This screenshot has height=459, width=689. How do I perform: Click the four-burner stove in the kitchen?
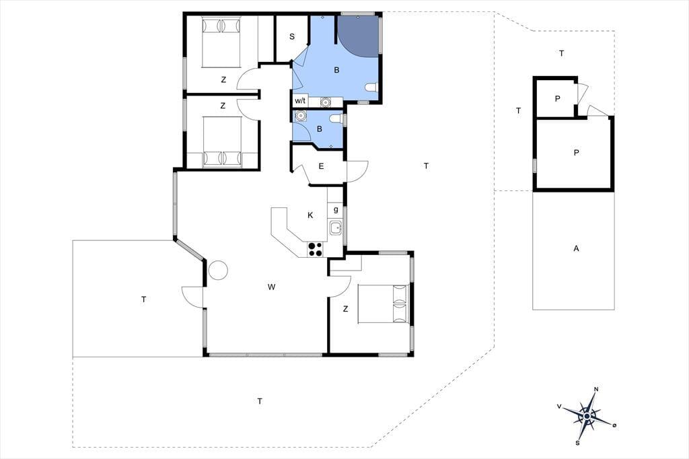point(315,249)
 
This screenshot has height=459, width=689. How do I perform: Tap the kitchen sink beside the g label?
point(336,228)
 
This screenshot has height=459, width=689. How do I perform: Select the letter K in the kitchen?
point(310,215)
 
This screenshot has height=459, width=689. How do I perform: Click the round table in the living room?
point(218,269)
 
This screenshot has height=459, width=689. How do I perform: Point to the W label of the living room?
point(272,287)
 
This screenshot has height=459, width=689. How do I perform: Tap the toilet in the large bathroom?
point(371,87)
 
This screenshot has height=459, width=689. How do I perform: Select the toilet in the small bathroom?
point(336,118)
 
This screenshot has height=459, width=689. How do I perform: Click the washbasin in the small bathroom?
point(301,116)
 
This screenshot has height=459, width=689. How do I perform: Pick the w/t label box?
point(300,101)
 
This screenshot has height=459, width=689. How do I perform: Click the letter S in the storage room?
point(292,36)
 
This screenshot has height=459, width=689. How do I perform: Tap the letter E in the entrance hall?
point(321,166)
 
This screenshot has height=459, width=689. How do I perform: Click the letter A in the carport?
point(576,248)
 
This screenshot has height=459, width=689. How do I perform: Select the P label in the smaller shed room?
point(557,99)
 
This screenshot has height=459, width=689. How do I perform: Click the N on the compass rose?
point(596,389)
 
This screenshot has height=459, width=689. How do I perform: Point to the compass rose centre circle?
point(587,415)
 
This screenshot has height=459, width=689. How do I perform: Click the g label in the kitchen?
point(336,209)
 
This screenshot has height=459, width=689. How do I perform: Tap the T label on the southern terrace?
point(260,401)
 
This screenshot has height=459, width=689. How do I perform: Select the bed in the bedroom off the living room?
point(384,304)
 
